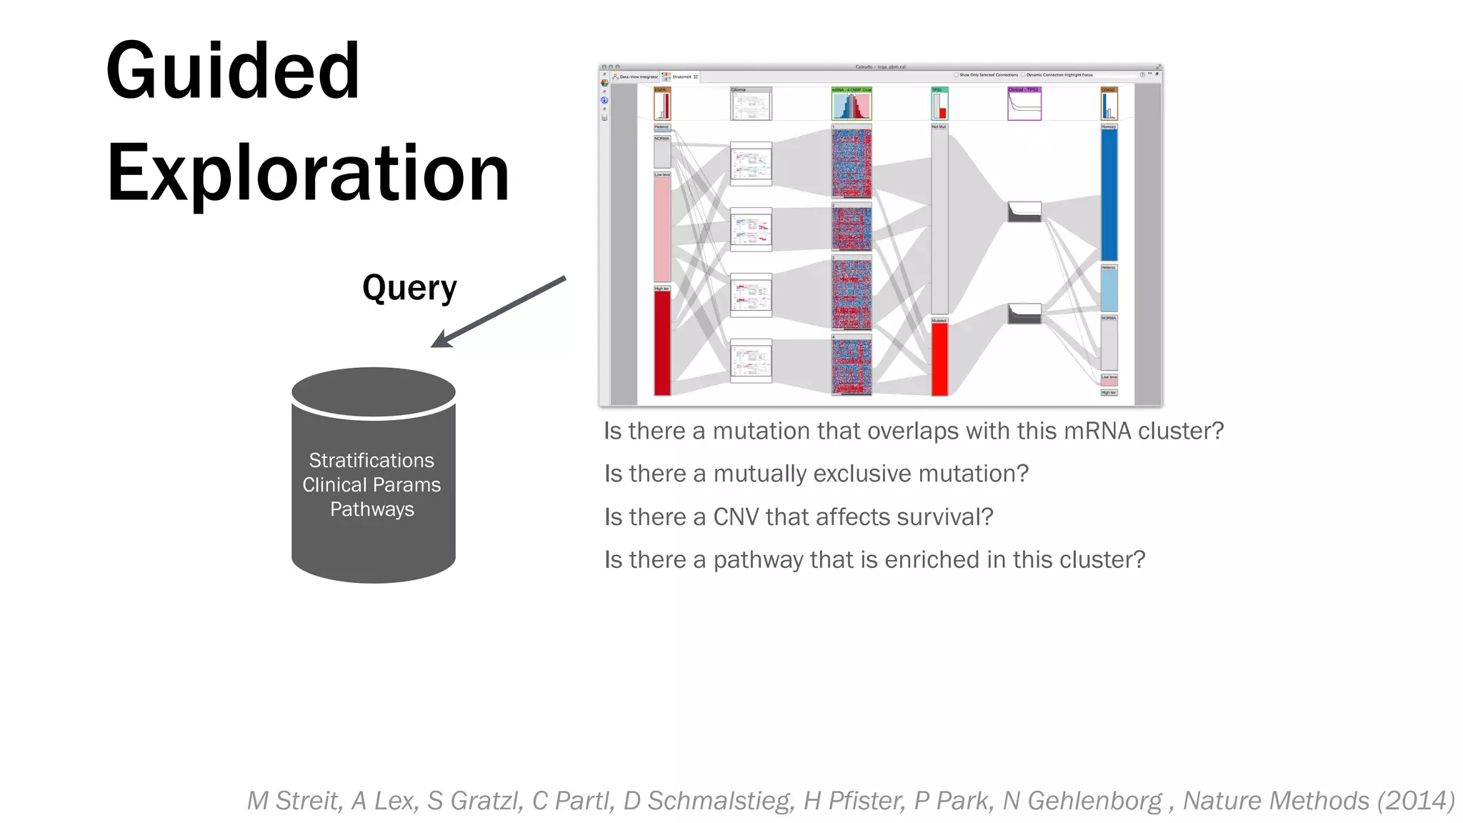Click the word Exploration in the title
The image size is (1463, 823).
307,174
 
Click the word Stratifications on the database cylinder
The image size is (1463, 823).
371,460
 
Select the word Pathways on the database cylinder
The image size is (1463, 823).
371,509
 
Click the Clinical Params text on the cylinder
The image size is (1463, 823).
371,484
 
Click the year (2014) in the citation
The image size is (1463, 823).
1415,801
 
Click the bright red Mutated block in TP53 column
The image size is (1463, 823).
939,359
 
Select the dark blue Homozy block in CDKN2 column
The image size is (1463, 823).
1109,194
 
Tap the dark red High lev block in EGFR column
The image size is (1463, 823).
662,343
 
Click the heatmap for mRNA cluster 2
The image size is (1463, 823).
852,228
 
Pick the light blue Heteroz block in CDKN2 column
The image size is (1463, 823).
1109,290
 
